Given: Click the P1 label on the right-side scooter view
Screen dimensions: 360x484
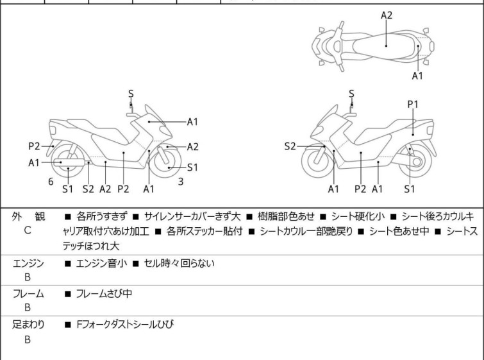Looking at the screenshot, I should coord(413,103).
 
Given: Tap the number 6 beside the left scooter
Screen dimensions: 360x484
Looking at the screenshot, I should coord(51,182).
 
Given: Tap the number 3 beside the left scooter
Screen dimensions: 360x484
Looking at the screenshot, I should coord(181,182).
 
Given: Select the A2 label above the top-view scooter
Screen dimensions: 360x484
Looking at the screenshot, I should coord(387,15).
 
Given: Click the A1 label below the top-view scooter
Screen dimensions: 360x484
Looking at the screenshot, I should coord(417,76).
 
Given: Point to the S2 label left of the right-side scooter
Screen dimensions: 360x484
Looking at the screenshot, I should coord(290,146).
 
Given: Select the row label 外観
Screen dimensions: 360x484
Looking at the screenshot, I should coord(28,217).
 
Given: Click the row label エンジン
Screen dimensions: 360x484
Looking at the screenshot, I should coord(28,263).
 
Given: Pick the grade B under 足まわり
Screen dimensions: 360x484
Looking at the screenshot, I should coord(28,339).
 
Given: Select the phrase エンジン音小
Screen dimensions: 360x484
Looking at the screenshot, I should coord(101,263).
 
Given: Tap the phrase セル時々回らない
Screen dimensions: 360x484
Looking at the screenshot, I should coord(179,263).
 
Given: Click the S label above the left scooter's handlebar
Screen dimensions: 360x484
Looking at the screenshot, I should coord(131,94).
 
